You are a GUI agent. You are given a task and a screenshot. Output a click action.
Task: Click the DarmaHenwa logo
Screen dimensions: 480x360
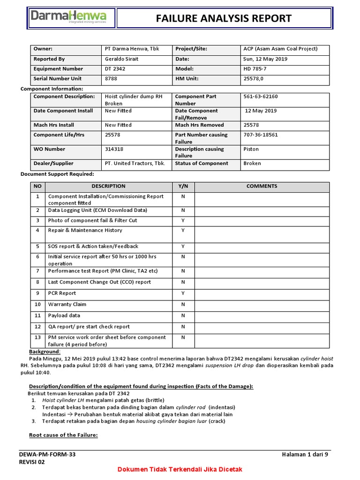(x=68, y=17)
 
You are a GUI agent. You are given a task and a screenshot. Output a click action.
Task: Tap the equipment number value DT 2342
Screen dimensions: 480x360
(x=115, y=69)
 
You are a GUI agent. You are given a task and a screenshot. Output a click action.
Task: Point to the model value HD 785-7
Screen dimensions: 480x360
(x=256, y=69)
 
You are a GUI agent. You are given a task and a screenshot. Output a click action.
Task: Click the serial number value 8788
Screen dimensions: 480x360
(x=111, y=79)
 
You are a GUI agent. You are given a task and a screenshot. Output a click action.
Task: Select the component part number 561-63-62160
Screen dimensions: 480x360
(x=261, y=97)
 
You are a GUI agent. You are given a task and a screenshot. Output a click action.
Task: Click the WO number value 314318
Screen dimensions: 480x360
(x=114, y=149)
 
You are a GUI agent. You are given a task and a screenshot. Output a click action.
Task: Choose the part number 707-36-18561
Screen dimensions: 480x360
(x=261, y=135)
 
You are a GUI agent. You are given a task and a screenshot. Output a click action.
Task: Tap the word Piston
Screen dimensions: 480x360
(x=251, y=149)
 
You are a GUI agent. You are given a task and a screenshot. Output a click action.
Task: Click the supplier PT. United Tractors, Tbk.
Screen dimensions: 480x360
(x=135, y=164)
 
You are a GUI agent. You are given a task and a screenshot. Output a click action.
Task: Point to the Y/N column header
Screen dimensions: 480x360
(x=183, y=186)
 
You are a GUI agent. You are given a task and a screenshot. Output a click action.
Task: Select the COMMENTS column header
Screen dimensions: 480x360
(x=262, y=186)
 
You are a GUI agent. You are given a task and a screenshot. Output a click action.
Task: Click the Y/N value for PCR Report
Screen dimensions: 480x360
(x=183, y=293)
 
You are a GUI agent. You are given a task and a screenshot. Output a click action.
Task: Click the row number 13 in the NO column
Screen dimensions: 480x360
(x=37, y=337)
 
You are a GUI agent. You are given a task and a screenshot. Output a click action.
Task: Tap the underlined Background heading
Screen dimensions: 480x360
(x=45, y=352)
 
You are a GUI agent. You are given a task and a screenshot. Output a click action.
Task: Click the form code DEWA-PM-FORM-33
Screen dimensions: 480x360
(x=47, y=454)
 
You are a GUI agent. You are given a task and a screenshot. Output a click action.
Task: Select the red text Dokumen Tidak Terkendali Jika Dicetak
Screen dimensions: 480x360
(x=180, y=470)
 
